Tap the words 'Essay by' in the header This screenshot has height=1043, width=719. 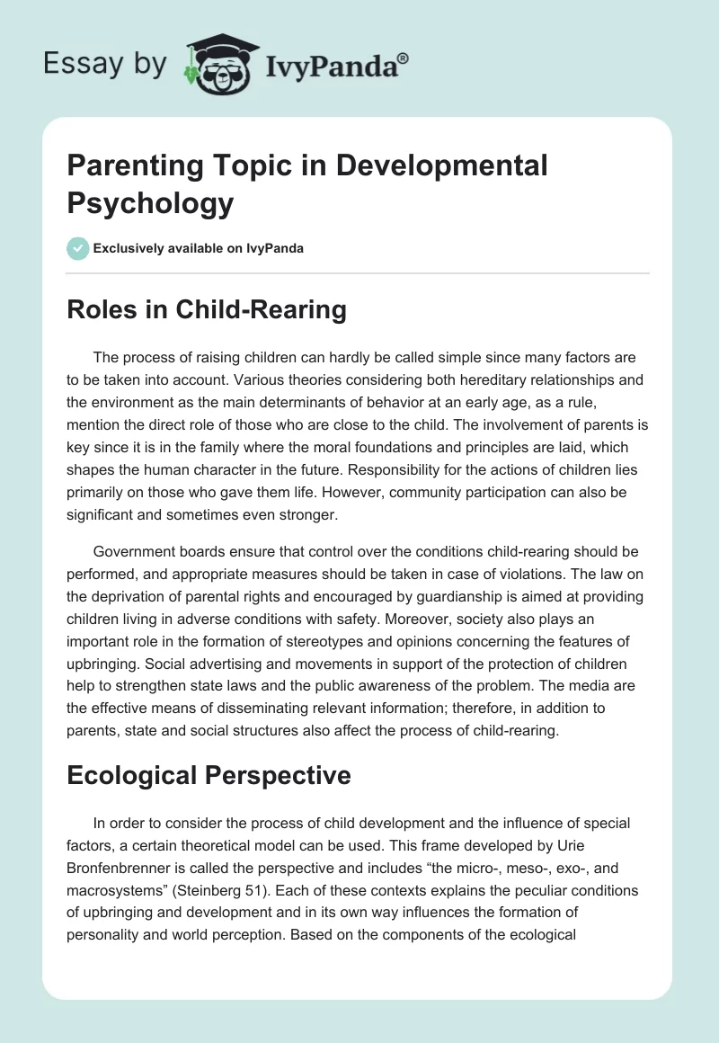tap(105, 64)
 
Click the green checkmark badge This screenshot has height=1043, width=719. tap(78, 248)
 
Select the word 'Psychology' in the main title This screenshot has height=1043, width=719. tap(150, 202)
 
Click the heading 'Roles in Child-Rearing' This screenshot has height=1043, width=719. tap(207, 310)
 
